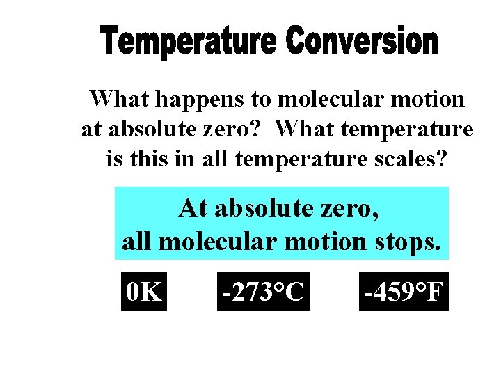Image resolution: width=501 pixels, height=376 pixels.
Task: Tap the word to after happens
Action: [261, 100]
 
